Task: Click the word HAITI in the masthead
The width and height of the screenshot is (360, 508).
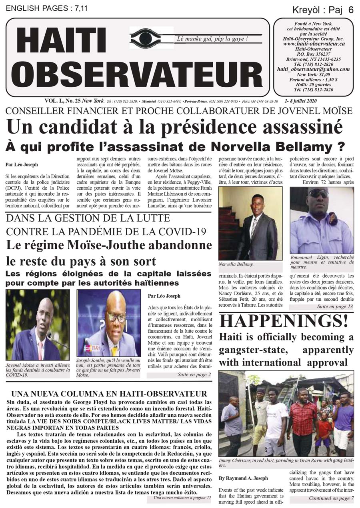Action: [x=60, y=43]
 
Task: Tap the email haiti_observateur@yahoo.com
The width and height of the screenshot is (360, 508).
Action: [x=313, y=69]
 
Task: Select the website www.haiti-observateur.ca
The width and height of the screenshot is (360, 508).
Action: [x=314, y=43]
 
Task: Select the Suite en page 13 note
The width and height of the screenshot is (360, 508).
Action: [x=335, y=306]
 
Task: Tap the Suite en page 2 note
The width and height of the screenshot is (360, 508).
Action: [x=194, y=375]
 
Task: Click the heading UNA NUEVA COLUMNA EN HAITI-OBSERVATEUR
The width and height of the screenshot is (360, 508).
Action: [x=109, y=394]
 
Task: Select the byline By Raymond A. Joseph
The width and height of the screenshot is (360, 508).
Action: [x=243, y=478]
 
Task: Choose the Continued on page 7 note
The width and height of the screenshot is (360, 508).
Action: [x=331, y=498]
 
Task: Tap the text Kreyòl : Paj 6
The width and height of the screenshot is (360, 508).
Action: [x=323, y=10]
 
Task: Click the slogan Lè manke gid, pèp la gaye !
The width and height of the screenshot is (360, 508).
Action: [x=212, y=39]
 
